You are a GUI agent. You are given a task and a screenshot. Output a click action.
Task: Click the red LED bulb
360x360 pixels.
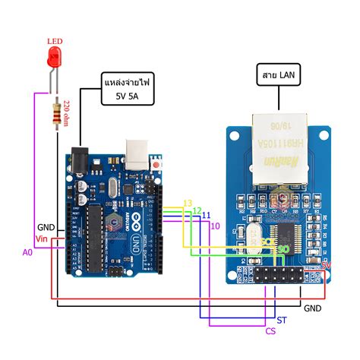click(54, 55)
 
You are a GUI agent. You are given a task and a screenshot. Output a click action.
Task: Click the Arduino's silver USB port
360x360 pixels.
click(137, 153)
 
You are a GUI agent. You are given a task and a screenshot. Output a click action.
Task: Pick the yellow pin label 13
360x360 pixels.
click(188, 202)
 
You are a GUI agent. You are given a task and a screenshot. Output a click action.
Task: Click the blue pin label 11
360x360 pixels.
click(206, 217)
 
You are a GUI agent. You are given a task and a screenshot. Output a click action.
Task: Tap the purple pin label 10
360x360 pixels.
click(215, 226)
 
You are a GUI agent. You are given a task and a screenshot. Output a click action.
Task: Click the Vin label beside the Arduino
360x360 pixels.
click(42, 239)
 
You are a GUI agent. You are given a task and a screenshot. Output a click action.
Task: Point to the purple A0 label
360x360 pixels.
click(27, 251)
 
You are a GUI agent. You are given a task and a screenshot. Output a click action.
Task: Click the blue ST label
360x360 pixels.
click(282, 321)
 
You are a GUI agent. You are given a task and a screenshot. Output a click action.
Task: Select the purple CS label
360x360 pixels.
click(270, 330)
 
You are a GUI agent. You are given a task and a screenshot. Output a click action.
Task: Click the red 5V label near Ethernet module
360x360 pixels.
click(327, 265)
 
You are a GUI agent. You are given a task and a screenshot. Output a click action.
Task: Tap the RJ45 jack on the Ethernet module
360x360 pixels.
click(275, 151)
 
